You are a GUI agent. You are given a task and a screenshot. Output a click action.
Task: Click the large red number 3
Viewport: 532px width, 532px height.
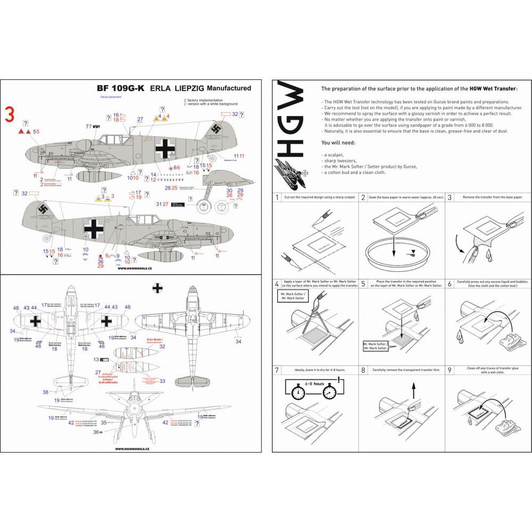pyautogui.click(x=9, y=113)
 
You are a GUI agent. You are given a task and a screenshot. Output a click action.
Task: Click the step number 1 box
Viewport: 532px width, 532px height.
pyautogui.click(x=277, y=197)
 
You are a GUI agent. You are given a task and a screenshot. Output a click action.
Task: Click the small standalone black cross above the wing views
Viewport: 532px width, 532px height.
pyautogui.click(x=157, y=288)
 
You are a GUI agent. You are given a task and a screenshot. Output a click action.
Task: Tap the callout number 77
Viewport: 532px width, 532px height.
pyautogui.click(x=88, y=127)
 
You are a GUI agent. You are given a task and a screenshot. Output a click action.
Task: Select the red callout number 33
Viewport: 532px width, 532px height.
pyautogui.click(x=162, y=381)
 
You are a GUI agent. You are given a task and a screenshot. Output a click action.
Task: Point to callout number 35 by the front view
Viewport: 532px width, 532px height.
pyautogui.click(x=104, y=423)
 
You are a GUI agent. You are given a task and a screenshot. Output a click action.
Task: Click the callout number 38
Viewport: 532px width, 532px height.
pyautogui.click(x=46, y=392)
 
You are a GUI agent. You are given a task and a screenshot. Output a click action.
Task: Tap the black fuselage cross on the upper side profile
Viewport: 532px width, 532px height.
pyautogui.click(x=164, y=148)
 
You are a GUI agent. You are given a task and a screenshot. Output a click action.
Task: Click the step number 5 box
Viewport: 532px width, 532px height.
pyautogui.click(x=363, y=284)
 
